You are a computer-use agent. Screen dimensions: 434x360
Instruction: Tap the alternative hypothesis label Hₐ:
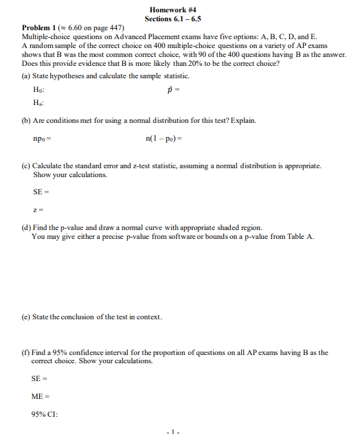(38, 103)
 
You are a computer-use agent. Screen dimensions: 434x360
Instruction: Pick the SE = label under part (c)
(41, 191)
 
